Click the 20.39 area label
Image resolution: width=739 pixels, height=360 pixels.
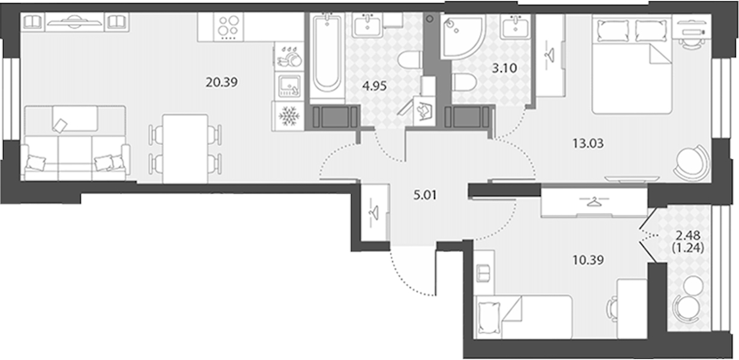[222, 82]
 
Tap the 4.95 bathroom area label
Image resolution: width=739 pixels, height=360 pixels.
[374, 86]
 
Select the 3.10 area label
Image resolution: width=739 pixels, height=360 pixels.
[504, 68]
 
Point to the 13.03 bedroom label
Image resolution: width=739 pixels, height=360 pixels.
[588, 143]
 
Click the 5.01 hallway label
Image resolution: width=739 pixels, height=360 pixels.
[425, 195]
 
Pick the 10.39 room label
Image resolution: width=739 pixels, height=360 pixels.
[588, 260]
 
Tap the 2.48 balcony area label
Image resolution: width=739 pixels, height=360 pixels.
[688, 235]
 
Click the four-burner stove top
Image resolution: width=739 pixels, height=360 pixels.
[228, 27]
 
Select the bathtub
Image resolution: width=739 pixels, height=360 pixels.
[327, 56]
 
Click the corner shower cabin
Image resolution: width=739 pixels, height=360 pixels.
[462, 36]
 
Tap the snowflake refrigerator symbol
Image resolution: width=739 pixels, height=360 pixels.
[289, 116]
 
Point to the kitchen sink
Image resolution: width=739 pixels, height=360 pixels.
[289, 86]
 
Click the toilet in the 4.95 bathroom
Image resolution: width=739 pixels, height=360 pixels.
[410, 59]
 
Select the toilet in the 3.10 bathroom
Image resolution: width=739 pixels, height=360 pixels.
[464, 82]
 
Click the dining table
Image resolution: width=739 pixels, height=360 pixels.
[185, 149]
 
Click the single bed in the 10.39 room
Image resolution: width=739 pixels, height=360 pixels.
[523, 317]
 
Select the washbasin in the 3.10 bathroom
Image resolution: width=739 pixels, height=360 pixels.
[515, 26]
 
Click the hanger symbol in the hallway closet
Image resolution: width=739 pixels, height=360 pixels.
[375, 212]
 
